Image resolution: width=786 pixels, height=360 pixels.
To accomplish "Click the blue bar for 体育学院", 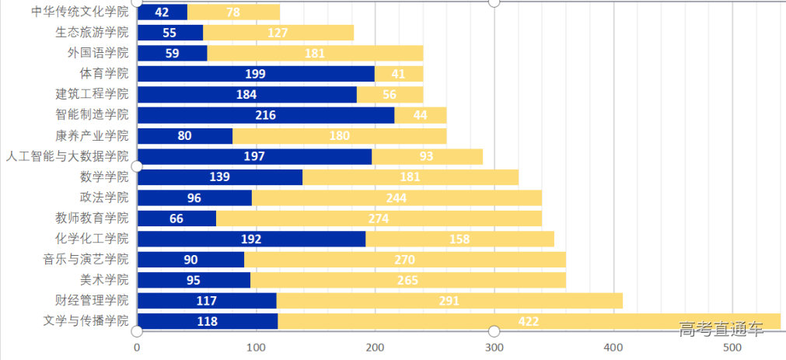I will coord(256,74).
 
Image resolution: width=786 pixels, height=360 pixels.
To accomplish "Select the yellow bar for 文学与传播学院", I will coord(529,321).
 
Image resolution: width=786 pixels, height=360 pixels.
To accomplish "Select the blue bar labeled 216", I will coord(266,115).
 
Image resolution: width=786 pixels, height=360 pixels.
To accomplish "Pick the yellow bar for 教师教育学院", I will coord(379,218).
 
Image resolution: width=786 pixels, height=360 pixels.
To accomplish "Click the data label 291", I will coord(449,301).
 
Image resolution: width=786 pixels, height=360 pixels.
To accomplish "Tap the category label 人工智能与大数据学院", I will coord(67,156).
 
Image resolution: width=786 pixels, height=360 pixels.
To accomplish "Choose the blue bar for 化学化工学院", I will coord(251,239).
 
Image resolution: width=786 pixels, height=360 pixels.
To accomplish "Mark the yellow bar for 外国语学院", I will coord(315,53).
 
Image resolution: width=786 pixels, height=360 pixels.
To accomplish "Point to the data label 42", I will coord(162,12).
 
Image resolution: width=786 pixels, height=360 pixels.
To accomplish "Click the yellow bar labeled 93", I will coord(427,156).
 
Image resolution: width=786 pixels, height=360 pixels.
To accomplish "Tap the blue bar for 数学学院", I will coord(219,177).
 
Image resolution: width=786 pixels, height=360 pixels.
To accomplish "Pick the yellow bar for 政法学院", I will coord(396,197).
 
